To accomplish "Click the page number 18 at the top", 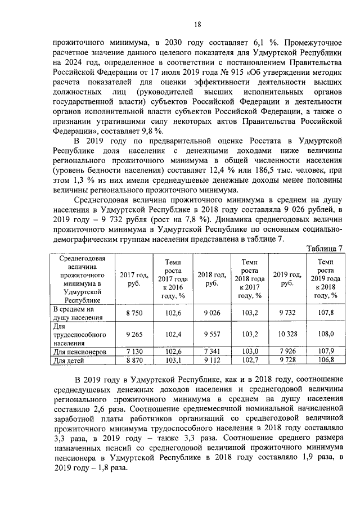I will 197,24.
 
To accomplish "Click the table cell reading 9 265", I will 134,334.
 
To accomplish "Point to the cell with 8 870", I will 134,360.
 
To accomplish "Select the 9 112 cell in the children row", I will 211,360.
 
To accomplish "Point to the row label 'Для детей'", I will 67,361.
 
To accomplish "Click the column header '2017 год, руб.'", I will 134,279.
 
